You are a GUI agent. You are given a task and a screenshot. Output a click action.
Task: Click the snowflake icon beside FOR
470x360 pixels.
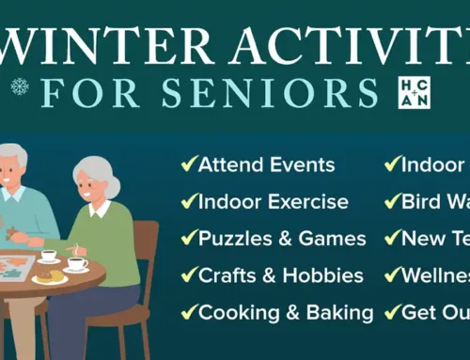click(19, 87)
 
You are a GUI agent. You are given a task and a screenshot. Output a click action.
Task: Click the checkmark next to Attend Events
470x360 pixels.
click(187, 165)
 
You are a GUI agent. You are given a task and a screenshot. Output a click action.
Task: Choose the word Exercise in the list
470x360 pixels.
click(304, 202)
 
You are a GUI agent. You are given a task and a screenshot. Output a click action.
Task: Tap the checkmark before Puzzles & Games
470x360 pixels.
click(187, 240)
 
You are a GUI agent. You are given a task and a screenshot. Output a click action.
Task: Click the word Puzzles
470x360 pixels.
click(232, 239)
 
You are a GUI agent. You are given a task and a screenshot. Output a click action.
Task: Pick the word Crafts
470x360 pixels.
click(229, 275)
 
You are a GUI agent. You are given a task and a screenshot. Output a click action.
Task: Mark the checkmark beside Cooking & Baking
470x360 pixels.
click(187, 313)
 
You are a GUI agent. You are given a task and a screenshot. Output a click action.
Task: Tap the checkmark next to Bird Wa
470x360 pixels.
click(391, 203)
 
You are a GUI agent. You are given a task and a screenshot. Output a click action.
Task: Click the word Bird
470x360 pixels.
click(421, 202)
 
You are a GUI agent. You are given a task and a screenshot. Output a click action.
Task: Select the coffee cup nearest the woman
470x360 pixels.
click(76, 265)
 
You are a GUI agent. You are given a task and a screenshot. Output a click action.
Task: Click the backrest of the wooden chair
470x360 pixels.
click(146, 254)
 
